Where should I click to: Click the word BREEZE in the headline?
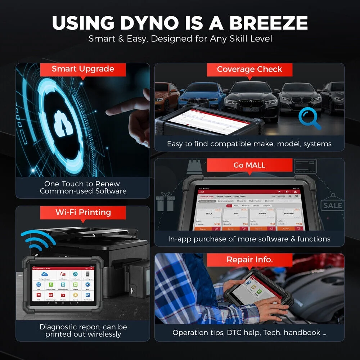pos(269,23)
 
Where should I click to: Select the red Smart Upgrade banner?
pos(83,69)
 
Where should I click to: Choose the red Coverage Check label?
pos(249,69)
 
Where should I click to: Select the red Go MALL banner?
pos(249,165)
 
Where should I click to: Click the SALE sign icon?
pos(332,206)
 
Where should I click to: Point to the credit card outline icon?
pos(305,167)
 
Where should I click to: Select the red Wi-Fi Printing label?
pos(83,212)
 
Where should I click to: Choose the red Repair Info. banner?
pos(249,260)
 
